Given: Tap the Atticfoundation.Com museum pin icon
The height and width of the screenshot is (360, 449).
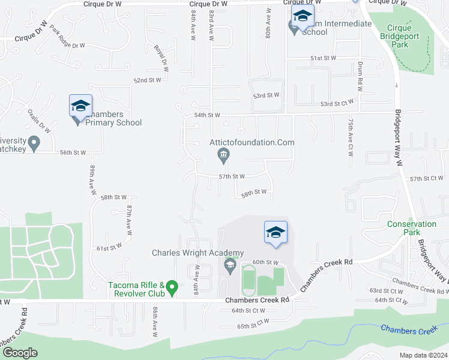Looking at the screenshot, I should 223,157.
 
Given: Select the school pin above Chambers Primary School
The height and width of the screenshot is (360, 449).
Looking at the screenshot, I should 81,107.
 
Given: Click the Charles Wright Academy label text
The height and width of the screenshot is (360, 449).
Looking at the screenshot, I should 197,253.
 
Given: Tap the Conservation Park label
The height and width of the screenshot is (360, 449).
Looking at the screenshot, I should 412,228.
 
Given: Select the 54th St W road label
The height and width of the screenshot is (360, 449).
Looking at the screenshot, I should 207,115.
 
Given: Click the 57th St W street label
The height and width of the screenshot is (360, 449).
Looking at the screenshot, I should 232,177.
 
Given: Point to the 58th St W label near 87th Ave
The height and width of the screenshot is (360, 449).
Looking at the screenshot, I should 113,197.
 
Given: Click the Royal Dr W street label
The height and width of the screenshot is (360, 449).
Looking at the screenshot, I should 160,58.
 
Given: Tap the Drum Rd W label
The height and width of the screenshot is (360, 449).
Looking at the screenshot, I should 360,77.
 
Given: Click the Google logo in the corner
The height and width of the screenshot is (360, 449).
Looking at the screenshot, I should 19,353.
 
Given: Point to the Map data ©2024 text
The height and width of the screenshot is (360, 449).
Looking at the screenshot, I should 424,355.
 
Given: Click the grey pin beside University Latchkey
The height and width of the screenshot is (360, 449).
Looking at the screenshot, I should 34,143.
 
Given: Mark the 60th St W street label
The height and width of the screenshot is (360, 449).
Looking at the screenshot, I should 266,263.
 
